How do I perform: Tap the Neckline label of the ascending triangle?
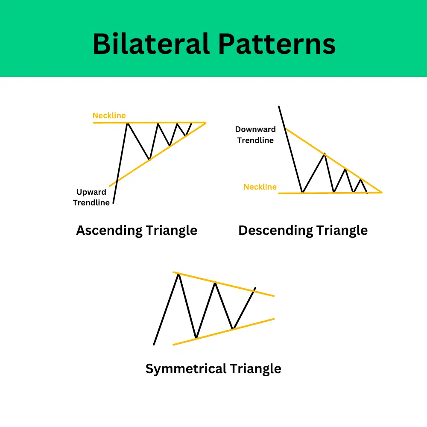pyautogui.click(x=109, y=116)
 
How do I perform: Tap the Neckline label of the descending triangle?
pyautogui.click(x=260, y=187)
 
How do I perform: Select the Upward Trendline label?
pyautogui.click(x=91, y=197)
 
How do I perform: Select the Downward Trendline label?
pyautogui.click(x=255, y=135)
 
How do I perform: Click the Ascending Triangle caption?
pyautogui.click(x=137, y=231)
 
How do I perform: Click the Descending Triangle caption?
pyautogui.click(x=303, y=231)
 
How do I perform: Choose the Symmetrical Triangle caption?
pyautogui.click(x=213, y=368)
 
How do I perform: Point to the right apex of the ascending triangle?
pyautogui.click(x=205, y=123)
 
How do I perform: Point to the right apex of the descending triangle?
pyautogui.click(x=381, y=192)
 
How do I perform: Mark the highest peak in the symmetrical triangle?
pyautogui.click(x=178, y=274)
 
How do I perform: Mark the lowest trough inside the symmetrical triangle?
pyautogui.click(x=196, y=338)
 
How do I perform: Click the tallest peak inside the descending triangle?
pyautogui.click(x=325, y=153)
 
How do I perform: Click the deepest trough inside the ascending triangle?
pyautogui.click(x=149, y=160)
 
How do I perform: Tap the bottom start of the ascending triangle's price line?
pyautogui.click(x=114, y=203)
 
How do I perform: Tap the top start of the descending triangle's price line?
pyautogui.click(x=279, y=106)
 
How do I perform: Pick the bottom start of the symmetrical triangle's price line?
pyautogui.click(x=154, y=344)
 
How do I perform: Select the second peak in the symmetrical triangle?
pyautogui.click(x=216, y=283)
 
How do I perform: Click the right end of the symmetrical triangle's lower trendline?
pyautogui.click(x=273, y=319)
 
